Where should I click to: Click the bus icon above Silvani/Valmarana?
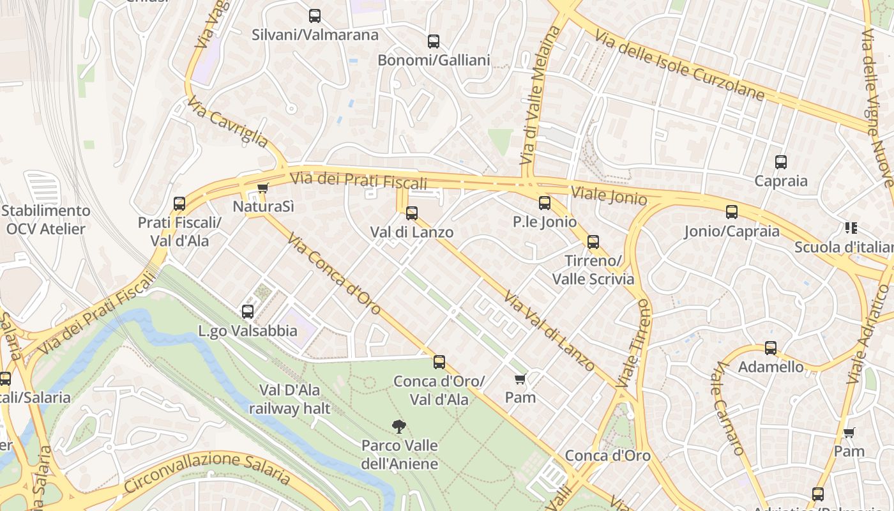tap(315, 16)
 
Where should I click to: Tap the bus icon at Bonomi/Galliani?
tap(434, 42)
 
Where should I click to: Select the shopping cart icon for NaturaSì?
tap(262, 188)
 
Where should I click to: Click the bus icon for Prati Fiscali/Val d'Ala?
tap(179, 204)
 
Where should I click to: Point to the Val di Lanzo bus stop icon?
tap(412, 213)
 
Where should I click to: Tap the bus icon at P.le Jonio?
tap(545, 203)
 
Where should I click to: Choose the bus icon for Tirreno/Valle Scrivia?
tap(593, 242)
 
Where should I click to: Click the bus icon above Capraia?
tap(780, 162)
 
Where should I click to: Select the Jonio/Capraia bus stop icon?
tap(732, 212)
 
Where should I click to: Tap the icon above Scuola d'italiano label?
tap(851, 228)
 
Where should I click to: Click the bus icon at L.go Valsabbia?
tap(248, 312)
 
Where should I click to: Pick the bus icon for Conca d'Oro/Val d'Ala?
tap(439, 362)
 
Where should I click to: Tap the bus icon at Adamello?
tap(771, 348)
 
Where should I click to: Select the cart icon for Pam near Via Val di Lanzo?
tap(520, 379)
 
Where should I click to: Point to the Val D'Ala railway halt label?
tap(290, 399)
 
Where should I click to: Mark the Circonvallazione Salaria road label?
tap(208, 472)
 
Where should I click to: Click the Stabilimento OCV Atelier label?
tap(45, 219)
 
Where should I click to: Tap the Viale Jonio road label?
tap(609, 195)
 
